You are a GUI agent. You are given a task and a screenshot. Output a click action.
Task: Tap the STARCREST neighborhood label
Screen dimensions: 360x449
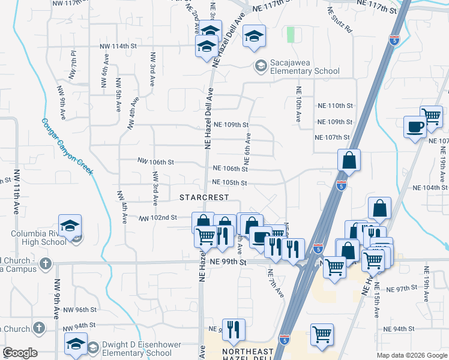tap(205, 197)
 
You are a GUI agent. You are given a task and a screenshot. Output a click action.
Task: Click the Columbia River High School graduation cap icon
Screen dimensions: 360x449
tap(70, 226)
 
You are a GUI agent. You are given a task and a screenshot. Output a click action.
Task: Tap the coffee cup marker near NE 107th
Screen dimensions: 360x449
tap(415, 127)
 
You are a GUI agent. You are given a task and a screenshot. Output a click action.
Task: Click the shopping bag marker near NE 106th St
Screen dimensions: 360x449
tap(349, 160)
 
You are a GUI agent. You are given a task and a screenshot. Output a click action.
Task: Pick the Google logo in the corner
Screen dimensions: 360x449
tap(20, 353)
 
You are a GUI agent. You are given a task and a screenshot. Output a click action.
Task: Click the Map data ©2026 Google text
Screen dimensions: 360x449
tap(412, 355)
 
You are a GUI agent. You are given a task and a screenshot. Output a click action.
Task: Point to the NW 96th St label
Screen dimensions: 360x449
tap(80, 310)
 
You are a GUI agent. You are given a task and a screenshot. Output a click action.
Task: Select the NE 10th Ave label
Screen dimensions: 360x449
tap(298, 104)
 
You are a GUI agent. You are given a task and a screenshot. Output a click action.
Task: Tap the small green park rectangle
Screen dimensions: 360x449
tap(291, 35)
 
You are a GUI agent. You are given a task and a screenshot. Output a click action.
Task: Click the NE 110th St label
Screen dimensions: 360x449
tap(335, 106)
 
